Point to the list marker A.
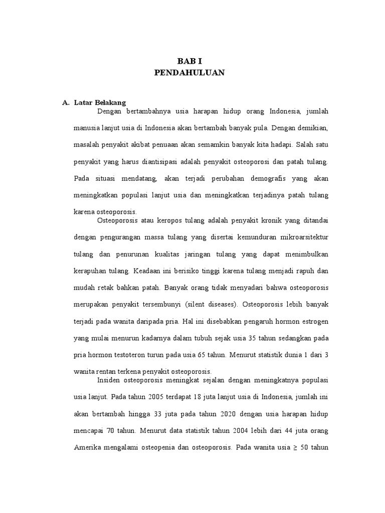coord(66,103)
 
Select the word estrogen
coord(315,321)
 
